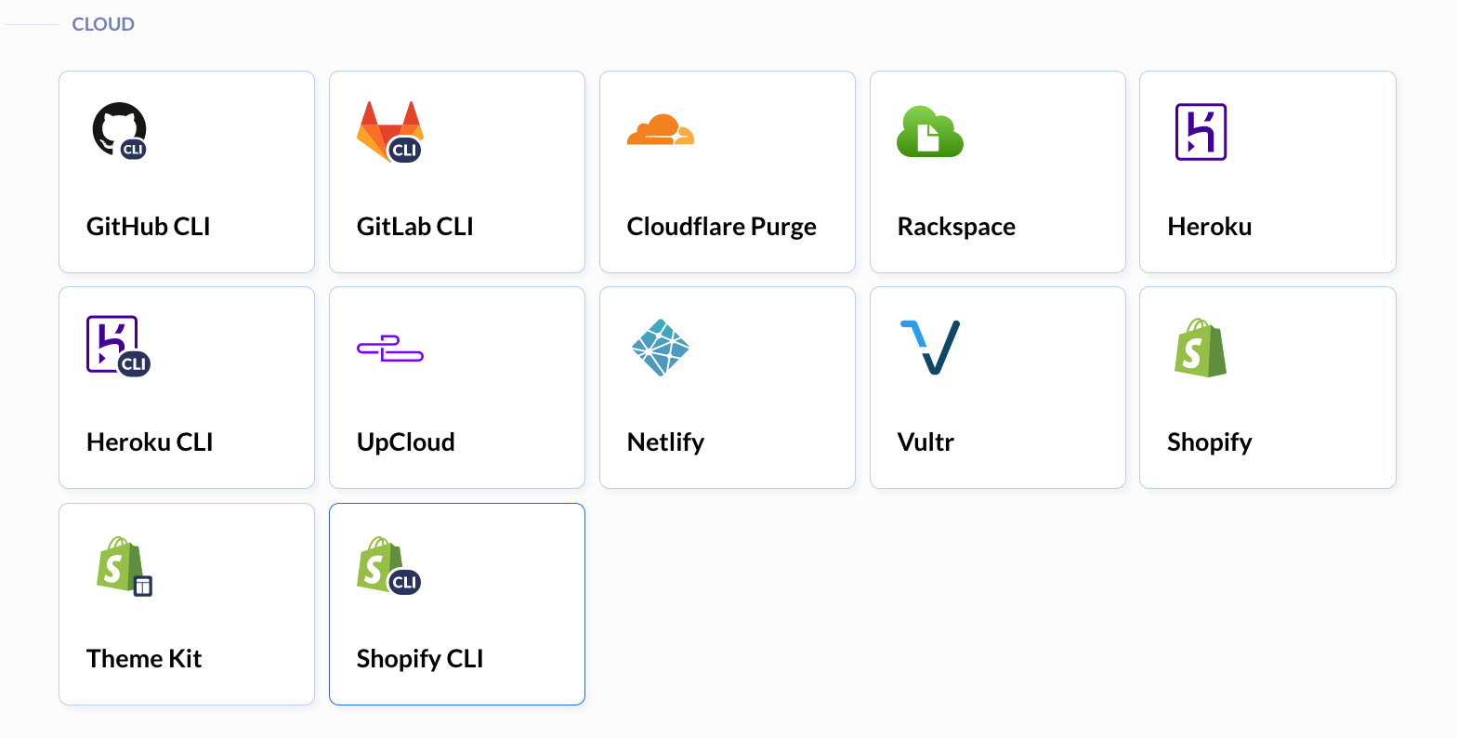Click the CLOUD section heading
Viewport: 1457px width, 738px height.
(x=103, y=24)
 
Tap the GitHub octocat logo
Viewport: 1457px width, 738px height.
(x=117, y=127)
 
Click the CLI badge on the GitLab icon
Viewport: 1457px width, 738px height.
(x=404, y=151)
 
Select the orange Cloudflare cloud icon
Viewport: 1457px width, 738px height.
(x=660, y=129)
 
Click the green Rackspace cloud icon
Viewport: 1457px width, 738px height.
(x=929, y=131)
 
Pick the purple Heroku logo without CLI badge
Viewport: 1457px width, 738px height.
(x=1201, y=131)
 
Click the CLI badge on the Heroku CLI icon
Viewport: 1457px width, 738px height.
(x=134, y=364)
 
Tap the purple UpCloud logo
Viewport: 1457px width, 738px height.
(x=390, y=349)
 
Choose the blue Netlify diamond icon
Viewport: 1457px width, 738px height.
(x=660, y=348)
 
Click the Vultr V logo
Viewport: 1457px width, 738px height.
(x=930, y=348)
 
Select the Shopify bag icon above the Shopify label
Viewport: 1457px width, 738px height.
(x=1201, y=348)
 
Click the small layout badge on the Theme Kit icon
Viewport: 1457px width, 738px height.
(x=143, y=586)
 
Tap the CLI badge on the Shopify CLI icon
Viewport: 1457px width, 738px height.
(x=404, y=582)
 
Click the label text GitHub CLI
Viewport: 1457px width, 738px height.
(x=149, y=227)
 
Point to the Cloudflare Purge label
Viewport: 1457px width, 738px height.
(x=721, y=227)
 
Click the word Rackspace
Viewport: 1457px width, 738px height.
(x=956, y=227)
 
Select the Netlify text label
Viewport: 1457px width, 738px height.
(x=665, y=442)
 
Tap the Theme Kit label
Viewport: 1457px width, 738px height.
(x=144, y=659)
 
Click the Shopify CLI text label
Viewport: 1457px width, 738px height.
(x=420, y=659)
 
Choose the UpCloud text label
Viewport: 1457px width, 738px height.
(x=405, y=442)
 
